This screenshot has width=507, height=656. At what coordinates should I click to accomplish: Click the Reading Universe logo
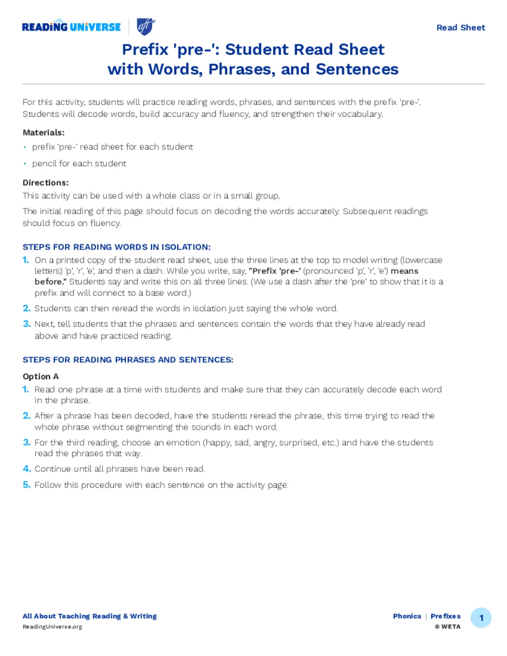tap(71, 27)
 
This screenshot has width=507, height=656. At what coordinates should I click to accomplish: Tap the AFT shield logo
tap(146, 27)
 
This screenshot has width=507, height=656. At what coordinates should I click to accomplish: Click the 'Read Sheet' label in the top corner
tap(460, 28)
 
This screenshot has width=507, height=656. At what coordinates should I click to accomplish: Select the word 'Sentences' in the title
tap(357, 69)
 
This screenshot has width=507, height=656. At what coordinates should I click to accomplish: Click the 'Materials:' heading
tap(44, 133)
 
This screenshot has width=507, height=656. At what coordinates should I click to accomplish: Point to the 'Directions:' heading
tap(46, 183)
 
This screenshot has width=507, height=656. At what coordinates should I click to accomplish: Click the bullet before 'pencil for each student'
tap(25, 164)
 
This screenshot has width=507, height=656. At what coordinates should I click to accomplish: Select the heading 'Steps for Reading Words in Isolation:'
tap(116, 247)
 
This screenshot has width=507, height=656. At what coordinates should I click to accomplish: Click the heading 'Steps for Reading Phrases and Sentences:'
tap(128, 360)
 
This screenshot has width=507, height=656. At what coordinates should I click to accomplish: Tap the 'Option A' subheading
tap(41, 376)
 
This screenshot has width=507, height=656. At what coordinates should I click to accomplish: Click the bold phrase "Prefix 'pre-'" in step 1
tap(275, 271)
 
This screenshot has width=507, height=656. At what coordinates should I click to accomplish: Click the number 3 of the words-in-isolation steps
tap(27, 324)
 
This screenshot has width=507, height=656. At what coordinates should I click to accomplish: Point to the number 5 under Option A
tap(27, 485)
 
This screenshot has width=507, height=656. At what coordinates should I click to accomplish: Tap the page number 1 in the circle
tap(481, 618)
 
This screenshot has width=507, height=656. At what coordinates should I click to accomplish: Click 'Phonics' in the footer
tap(407, 616)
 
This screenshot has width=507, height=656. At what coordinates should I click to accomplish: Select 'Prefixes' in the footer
tap(446, 616)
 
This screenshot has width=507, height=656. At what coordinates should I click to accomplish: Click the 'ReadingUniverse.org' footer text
tap(52, 627)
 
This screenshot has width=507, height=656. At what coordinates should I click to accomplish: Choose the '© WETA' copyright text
tap(448, 627)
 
